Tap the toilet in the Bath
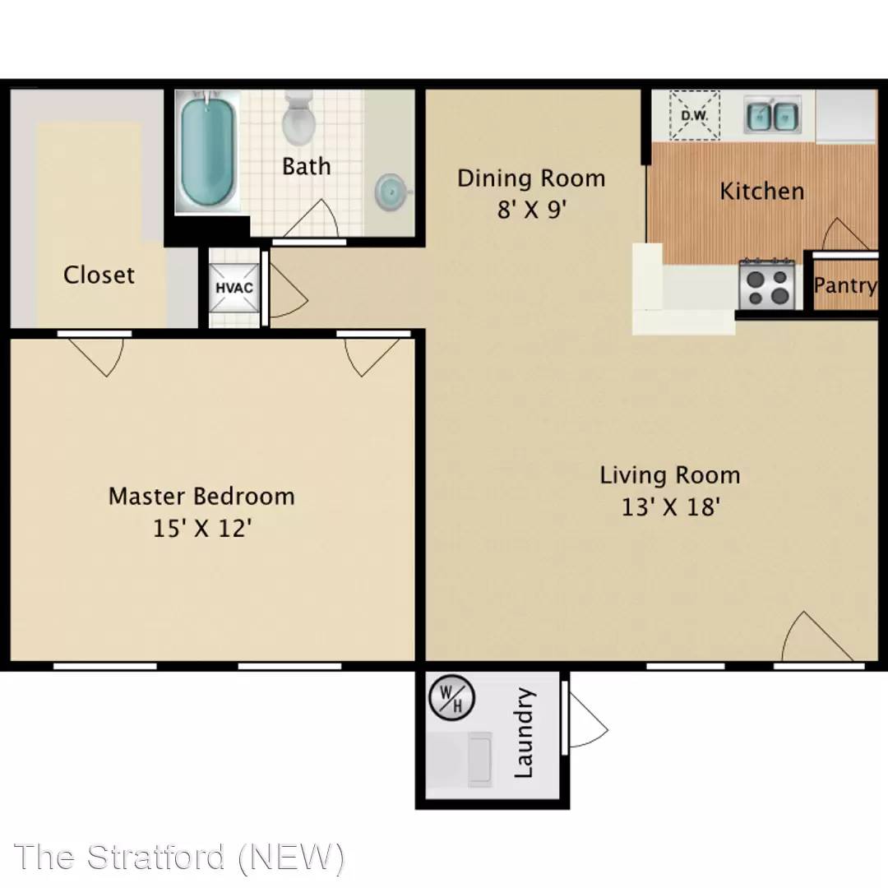pyautogui.click(x=298, y=118)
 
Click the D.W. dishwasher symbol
pyautogui.click(x=694, y=116)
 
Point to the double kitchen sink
pyautogui.click(x=771, y=116)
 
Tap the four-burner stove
pyautogui.click(x=767, y=284)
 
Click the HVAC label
pyautogui.click(x=234, y=288)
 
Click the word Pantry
pyautogui.click(x=845, y=286)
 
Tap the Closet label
pyautogui.click(x=99, y=275)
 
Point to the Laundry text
pyautogui.click(x=523, y=733)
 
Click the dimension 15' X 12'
pyautogui.click(x=202, y=529)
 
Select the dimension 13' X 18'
pyautogui.click(x=671, y=506)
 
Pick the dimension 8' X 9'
pyautogui.click(x=532, y=210)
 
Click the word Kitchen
pyautogui.click(x=761, y=192)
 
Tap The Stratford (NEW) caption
pyautogui.click(x=179, y=857)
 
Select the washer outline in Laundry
pyautogui.click(x=480, y=759)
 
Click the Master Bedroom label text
pyautogui.click(x=201, y=497)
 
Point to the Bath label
pyautogui.click(x=307, y=166)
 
